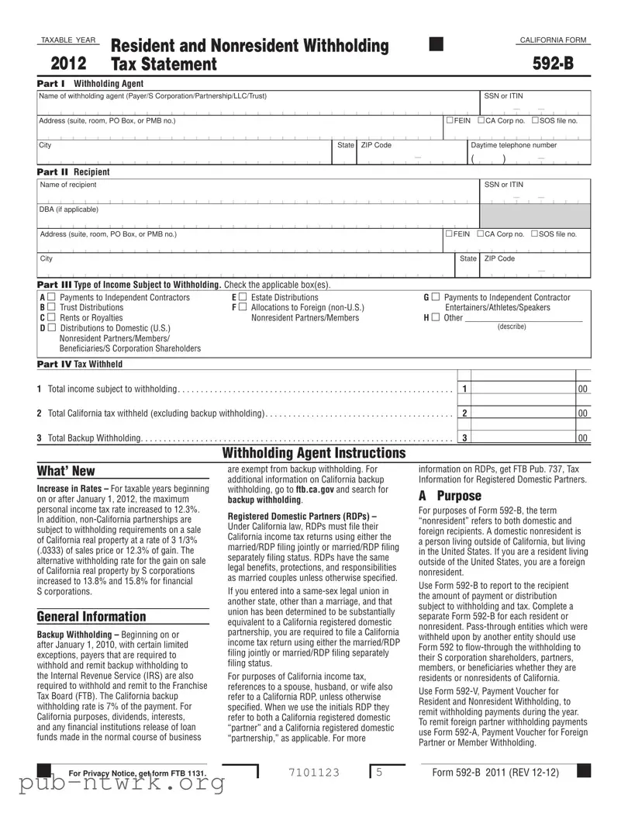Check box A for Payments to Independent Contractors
coord(51,298)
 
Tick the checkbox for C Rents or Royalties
coord(51,318)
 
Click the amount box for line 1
coord(523,388)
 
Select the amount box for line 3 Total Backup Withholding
coord(523,438)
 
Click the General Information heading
coord(91,617)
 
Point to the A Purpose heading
coord(450,496)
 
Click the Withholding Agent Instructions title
coord(314,453)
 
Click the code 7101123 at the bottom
coord(314,773)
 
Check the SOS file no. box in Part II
coord(534,234)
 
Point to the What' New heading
coord(66,471)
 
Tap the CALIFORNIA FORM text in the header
coord(553,40)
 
